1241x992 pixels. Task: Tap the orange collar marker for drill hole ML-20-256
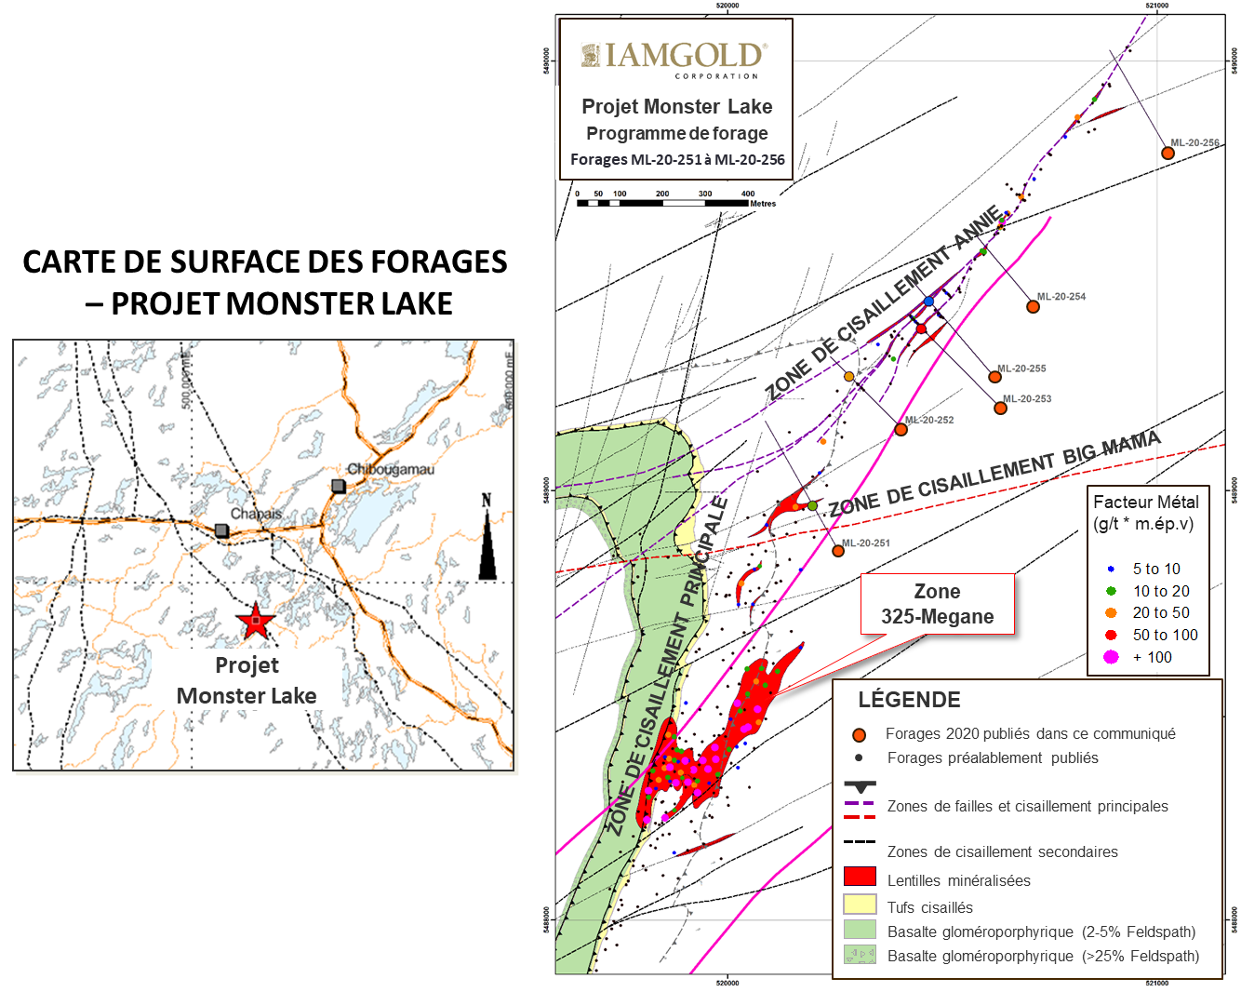(1168, 153)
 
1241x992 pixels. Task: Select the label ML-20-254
(1061, 297)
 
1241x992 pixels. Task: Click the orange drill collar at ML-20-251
(838, 551)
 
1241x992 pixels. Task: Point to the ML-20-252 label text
(929, 420)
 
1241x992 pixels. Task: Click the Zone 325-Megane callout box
(937, 604)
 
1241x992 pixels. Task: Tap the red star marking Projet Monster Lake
(255, 621)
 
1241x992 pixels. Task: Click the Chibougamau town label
(391, 469)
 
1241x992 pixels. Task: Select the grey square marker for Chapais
(221, 530)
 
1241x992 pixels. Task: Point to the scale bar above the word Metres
(662, 202)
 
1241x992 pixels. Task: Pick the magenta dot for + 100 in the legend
(1111, 657)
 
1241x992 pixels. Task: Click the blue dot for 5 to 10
(1111, 569)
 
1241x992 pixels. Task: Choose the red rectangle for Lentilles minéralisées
(860, 877)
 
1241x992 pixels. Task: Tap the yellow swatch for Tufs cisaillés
(860, 905)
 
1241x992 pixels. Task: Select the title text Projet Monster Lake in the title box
(676, 106)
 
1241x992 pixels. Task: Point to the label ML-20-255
(1021, 369)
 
